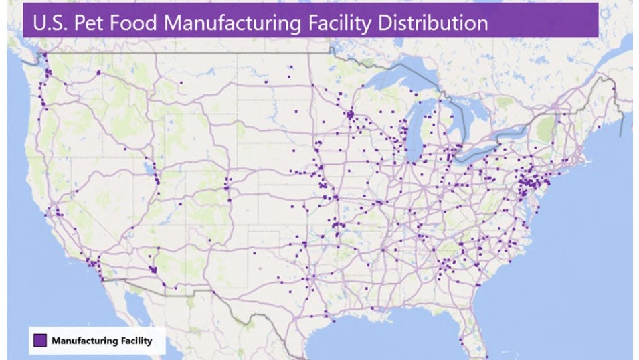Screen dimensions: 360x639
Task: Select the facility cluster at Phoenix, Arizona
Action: point(154,269)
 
